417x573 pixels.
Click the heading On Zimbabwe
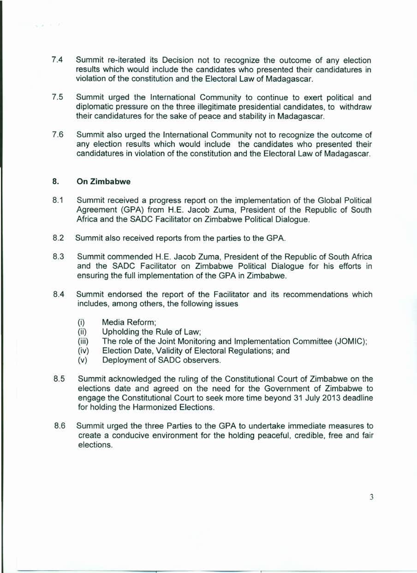(x=103, y=182)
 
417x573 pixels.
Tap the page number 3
(x=371, y=497)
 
